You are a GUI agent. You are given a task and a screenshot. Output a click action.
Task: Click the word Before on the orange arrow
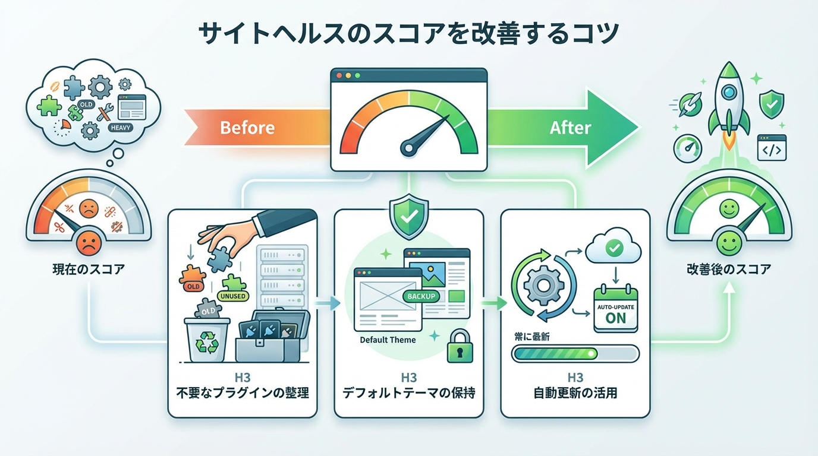(247, 128)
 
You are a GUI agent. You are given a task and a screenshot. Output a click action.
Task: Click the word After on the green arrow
(570, 128)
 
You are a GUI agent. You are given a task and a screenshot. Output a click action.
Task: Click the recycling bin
(207, 340)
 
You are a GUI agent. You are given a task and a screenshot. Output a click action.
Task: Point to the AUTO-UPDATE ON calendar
(615, 311)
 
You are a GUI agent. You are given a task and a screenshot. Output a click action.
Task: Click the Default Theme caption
(388, 340)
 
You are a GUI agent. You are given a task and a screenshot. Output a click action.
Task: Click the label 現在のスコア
(89, 270)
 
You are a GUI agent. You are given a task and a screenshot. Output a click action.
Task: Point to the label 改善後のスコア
(728, 270)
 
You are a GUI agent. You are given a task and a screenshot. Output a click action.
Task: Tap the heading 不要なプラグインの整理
(243, 393)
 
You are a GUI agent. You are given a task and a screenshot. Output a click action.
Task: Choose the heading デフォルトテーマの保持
(408, 393)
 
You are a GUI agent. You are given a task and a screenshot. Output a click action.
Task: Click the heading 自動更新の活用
(575, 393)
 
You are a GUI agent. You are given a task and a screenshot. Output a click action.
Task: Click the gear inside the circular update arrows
(543, 285)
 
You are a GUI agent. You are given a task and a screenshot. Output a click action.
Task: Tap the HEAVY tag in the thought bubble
(121, 128)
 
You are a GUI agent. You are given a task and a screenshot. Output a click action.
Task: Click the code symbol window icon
(772, 148)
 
